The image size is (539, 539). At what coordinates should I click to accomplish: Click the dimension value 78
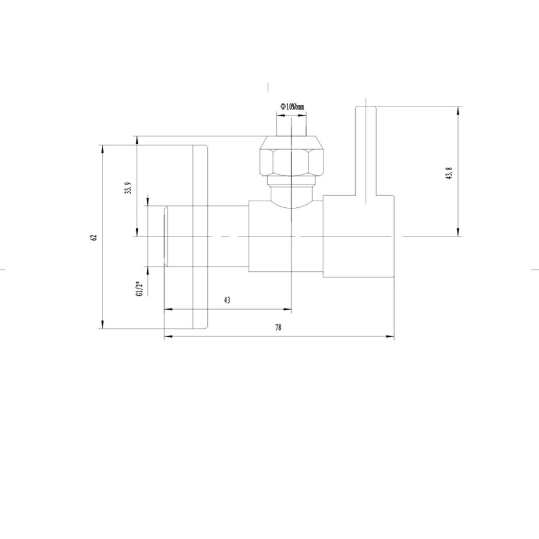278,328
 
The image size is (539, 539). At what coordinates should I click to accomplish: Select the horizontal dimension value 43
227,300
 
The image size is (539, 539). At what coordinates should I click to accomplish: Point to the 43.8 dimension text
449,173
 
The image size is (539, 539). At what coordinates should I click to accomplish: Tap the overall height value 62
93,237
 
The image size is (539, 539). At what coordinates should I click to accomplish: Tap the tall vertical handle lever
366,153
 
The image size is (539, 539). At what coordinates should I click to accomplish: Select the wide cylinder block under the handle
358,237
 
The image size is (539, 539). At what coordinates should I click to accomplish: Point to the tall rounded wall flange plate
200,237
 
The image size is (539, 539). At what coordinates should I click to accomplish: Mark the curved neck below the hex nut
292,193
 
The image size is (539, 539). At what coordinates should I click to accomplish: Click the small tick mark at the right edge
535,270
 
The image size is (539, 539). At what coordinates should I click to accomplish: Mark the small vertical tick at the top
269,86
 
